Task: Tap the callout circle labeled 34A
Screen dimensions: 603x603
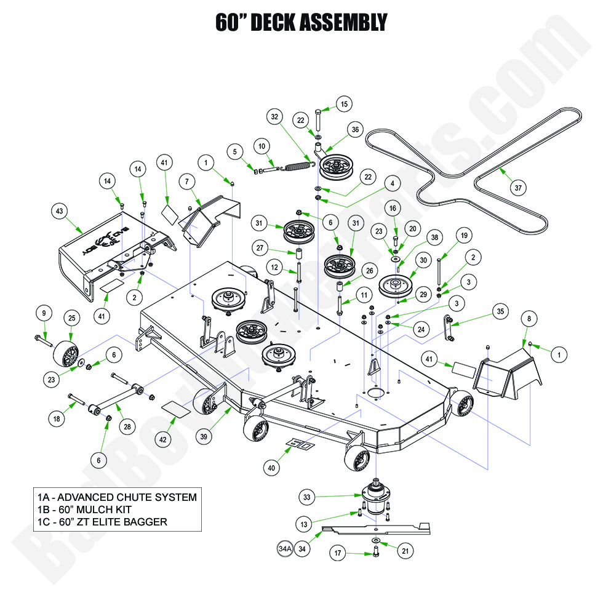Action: point(284,548)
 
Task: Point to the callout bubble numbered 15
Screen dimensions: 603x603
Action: point(344,105)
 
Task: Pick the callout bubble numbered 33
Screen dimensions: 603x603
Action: point(308,496)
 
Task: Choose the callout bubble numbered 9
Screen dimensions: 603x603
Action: point(43,313)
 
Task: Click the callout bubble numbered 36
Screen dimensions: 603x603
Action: point(354,130)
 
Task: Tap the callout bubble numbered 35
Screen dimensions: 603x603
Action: point(501,311)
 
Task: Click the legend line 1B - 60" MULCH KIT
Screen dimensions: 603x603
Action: point(98,509)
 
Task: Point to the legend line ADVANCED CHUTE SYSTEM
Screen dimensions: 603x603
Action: point(116,497)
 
